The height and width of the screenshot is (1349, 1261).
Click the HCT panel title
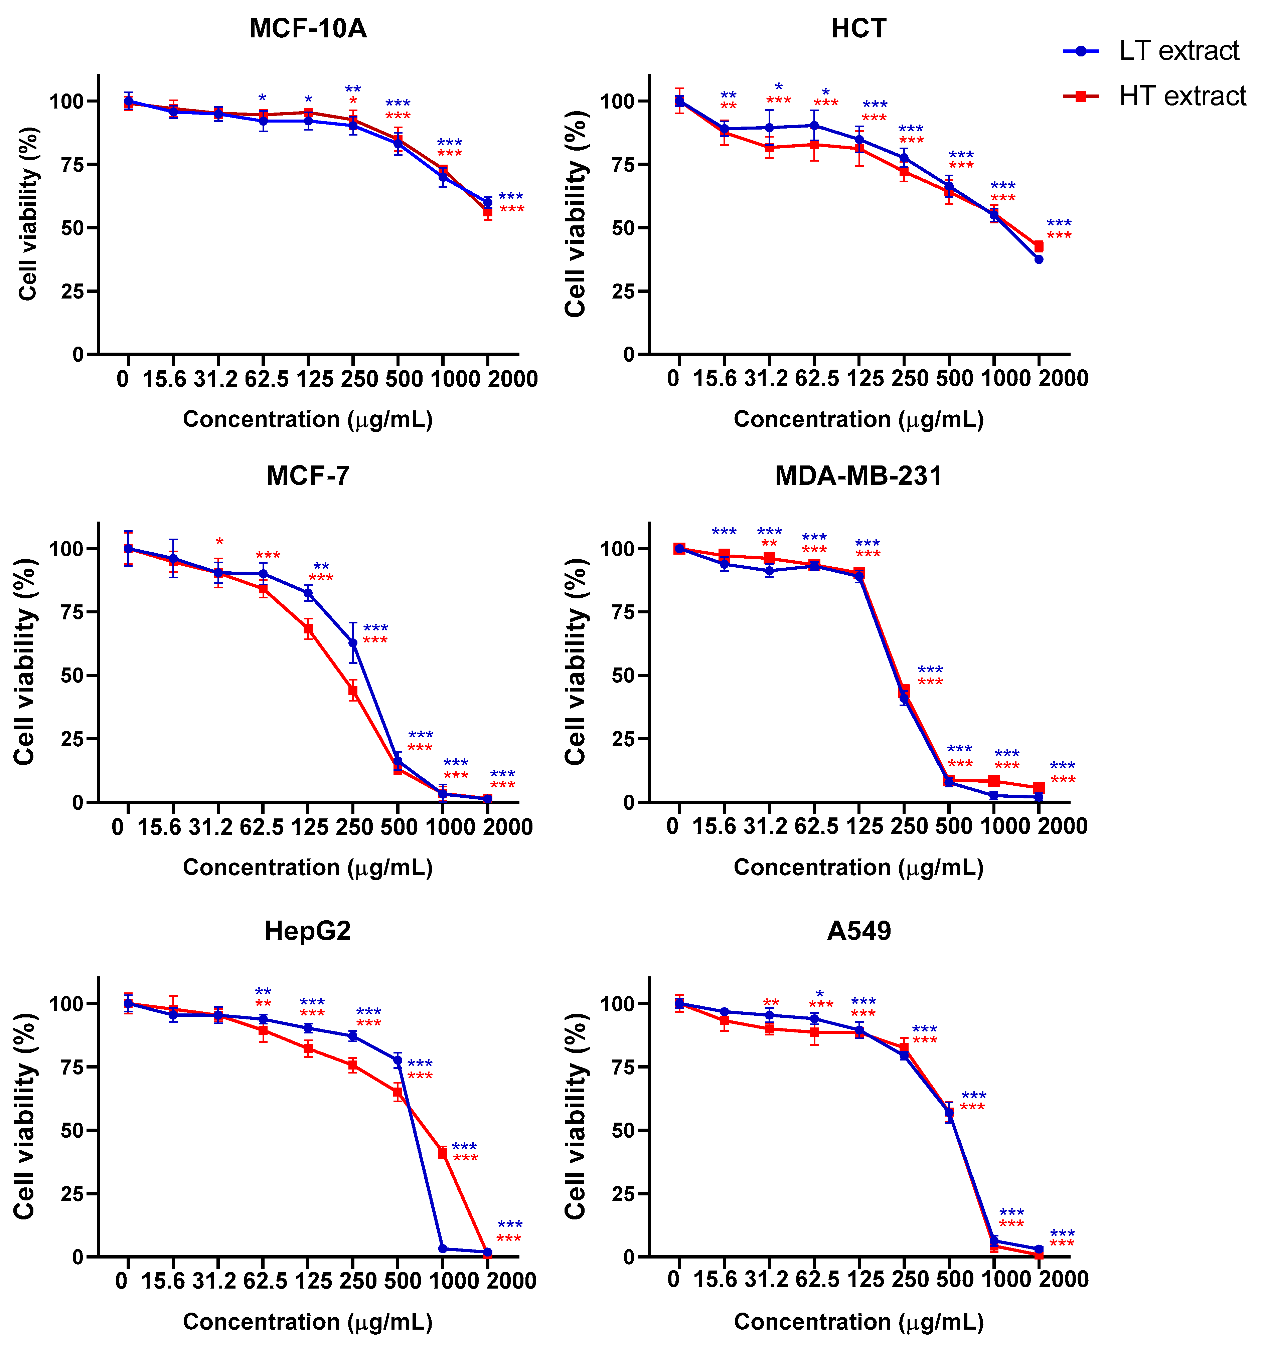click(x=858, y=28)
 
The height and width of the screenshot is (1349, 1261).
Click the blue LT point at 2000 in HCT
click(x=1039, y=259)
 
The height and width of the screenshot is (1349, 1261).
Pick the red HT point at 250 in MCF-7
click(x=353, y=691)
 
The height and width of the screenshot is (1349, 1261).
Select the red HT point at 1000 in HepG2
click(x=443, y=1152)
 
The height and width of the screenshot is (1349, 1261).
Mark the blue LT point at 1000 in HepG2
click(x=443, y=1248)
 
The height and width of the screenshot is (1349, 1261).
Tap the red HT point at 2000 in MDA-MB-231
click(x=1039, y=788)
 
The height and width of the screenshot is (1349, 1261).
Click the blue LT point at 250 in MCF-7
click(x=353, y=642)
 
